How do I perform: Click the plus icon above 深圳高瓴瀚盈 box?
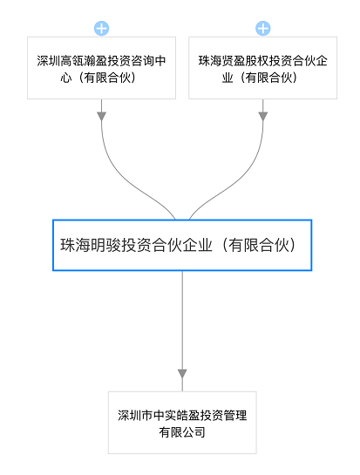tap(101, 29)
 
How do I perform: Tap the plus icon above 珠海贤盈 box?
tap(262, 29)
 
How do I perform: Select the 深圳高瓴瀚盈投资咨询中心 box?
tap(101, 68)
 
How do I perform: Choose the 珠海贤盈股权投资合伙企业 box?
tap(262, 68)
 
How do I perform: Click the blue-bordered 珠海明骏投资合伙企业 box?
tap(182, 245)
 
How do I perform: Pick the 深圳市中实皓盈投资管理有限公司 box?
tap(182, 423)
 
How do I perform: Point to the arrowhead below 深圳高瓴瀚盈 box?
tap(101, 116)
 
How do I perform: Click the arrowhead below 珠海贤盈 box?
tap(262, 116)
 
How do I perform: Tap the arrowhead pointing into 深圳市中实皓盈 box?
tap(182, 374)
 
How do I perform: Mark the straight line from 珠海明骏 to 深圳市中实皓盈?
tap(182, 331)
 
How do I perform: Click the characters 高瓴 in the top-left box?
tap(72, 61)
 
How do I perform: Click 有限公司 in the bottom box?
tap(182, 432)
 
